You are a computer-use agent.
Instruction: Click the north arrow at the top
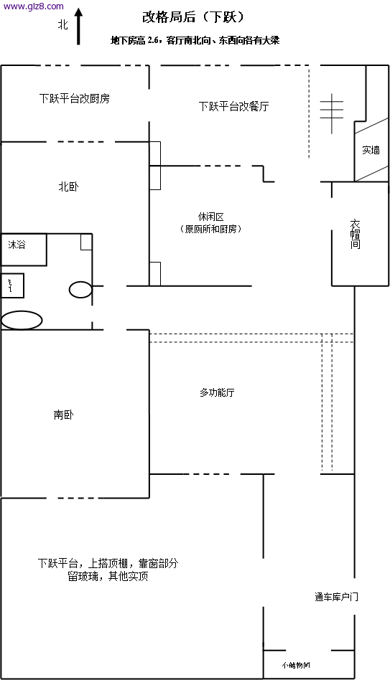(x=78, y=28)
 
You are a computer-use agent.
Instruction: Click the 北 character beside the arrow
(x=63, y=24)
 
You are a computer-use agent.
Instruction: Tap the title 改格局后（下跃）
(x=194, y=16)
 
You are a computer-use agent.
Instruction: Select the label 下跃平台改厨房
(x=75, y=98)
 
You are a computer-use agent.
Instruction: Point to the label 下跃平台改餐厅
(x=233, y=106)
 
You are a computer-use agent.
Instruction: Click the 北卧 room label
(x=69, y=186)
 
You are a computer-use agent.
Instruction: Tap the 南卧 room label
(x=64, y=415)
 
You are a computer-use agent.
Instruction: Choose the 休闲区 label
(x=211, y=217)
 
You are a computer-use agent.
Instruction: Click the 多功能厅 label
(x=217, y=392)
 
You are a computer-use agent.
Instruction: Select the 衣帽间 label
(x=355, y=234)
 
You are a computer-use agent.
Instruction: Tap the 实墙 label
(x=371, y=150)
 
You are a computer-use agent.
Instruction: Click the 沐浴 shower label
(x=17, y=245)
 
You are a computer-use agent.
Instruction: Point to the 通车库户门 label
(x=336, y=597)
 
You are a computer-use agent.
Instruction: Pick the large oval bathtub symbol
(x=22, y=320)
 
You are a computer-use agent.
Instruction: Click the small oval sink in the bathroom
(x=80, y=290)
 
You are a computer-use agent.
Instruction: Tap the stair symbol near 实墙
(x=331, y=113)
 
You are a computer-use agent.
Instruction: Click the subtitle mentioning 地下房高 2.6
(x=195, y=41)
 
